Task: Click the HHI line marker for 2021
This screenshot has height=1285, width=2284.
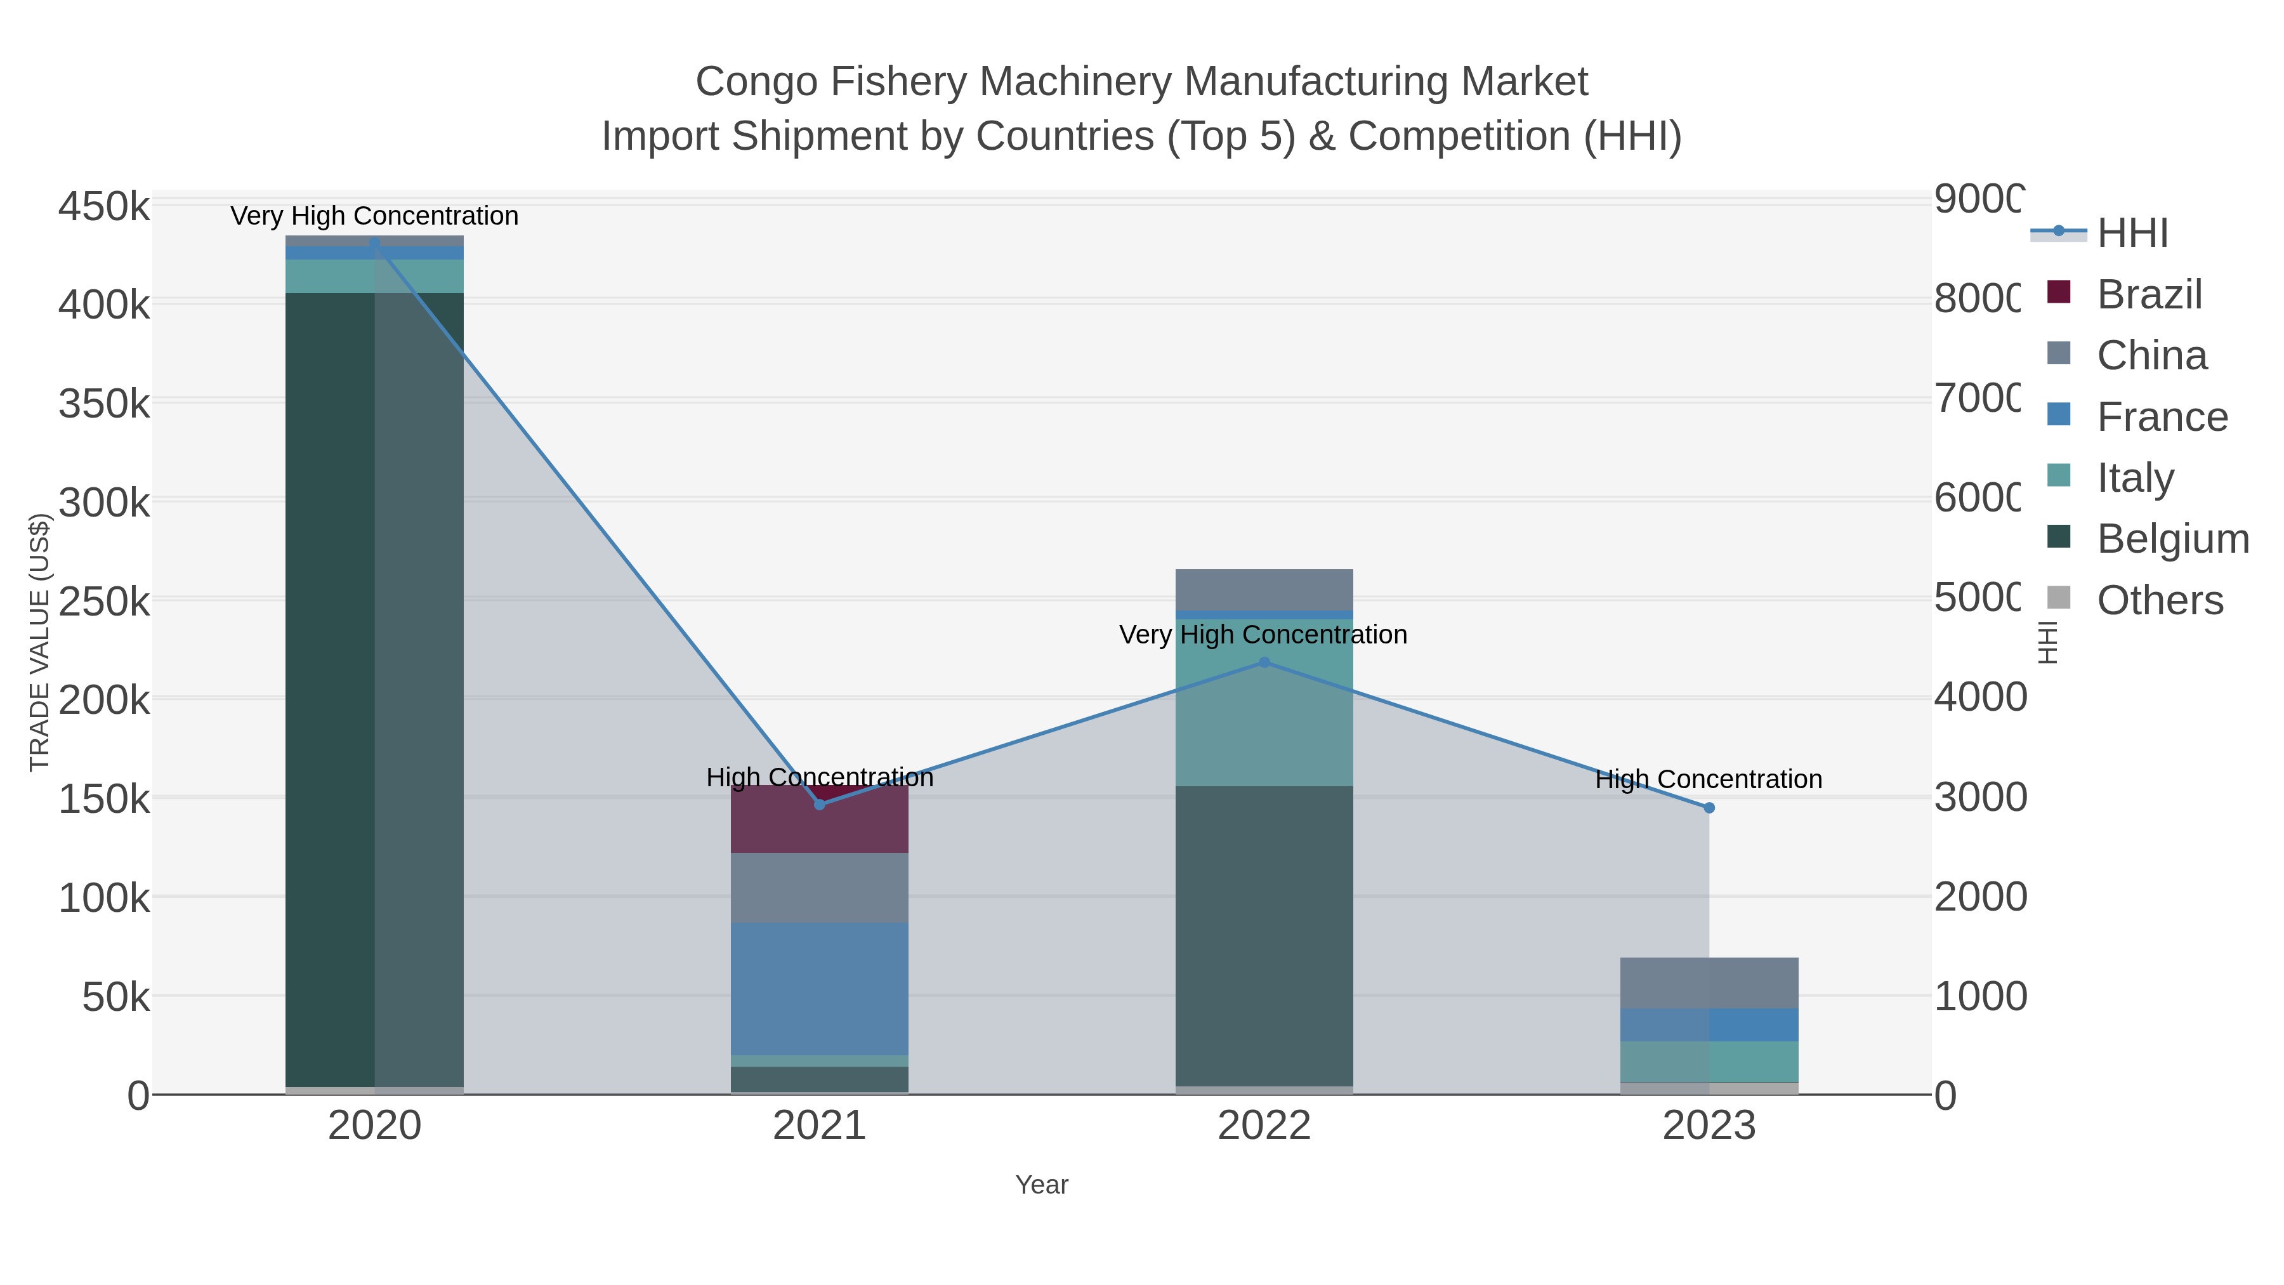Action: point(819,805)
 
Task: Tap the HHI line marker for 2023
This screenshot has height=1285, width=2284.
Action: point(1709,808)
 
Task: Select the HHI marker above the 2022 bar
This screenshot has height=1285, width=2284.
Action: point(1264,662)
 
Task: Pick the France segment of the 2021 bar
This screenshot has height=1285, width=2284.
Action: point(819,989)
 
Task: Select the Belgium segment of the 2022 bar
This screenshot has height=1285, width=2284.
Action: point(1264,935)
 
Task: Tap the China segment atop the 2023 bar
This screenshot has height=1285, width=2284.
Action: point(1709,982)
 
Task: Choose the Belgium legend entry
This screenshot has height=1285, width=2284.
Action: point(2172,539)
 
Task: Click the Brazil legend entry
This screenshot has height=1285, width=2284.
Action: point(2149,294)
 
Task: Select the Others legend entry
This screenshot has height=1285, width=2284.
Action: point(2160,600)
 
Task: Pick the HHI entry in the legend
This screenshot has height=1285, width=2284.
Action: point(2132,234)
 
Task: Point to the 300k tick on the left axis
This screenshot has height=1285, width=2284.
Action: point(105,503)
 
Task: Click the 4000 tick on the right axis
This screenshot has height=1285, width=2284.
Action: point(1979,698)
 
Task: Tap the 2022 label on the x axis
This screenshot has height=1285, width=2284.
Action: point(1264,1126)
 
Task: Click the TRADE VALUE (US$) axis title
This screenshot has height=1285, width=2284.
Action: point(40,642)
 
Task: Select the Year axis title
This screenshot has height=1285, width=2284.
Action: point(1042,1185)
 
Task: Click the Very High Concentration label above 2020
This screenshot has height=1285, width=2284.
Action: point(374,216)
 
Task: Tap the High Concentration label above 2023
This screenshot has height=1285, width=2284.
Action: point(1709,779)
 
